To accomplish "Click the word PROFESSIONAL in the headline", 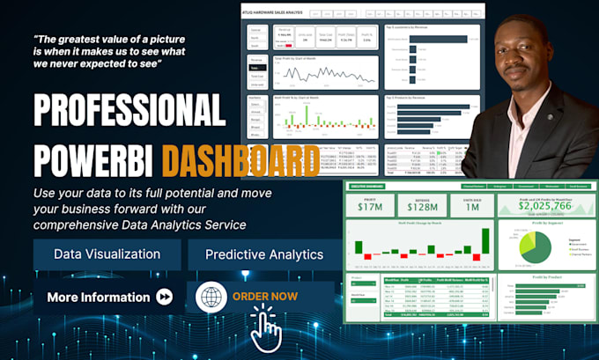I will click(x=129, y=112).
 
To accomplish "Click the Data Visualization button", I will click(x=107, y=254).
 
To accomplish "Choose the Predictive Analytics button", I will click(x=263, y=254).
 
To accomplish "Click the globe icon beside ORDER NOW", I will click(x=212, y=298).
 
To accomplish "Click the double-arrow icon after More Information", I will click(x=165, y=298).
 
